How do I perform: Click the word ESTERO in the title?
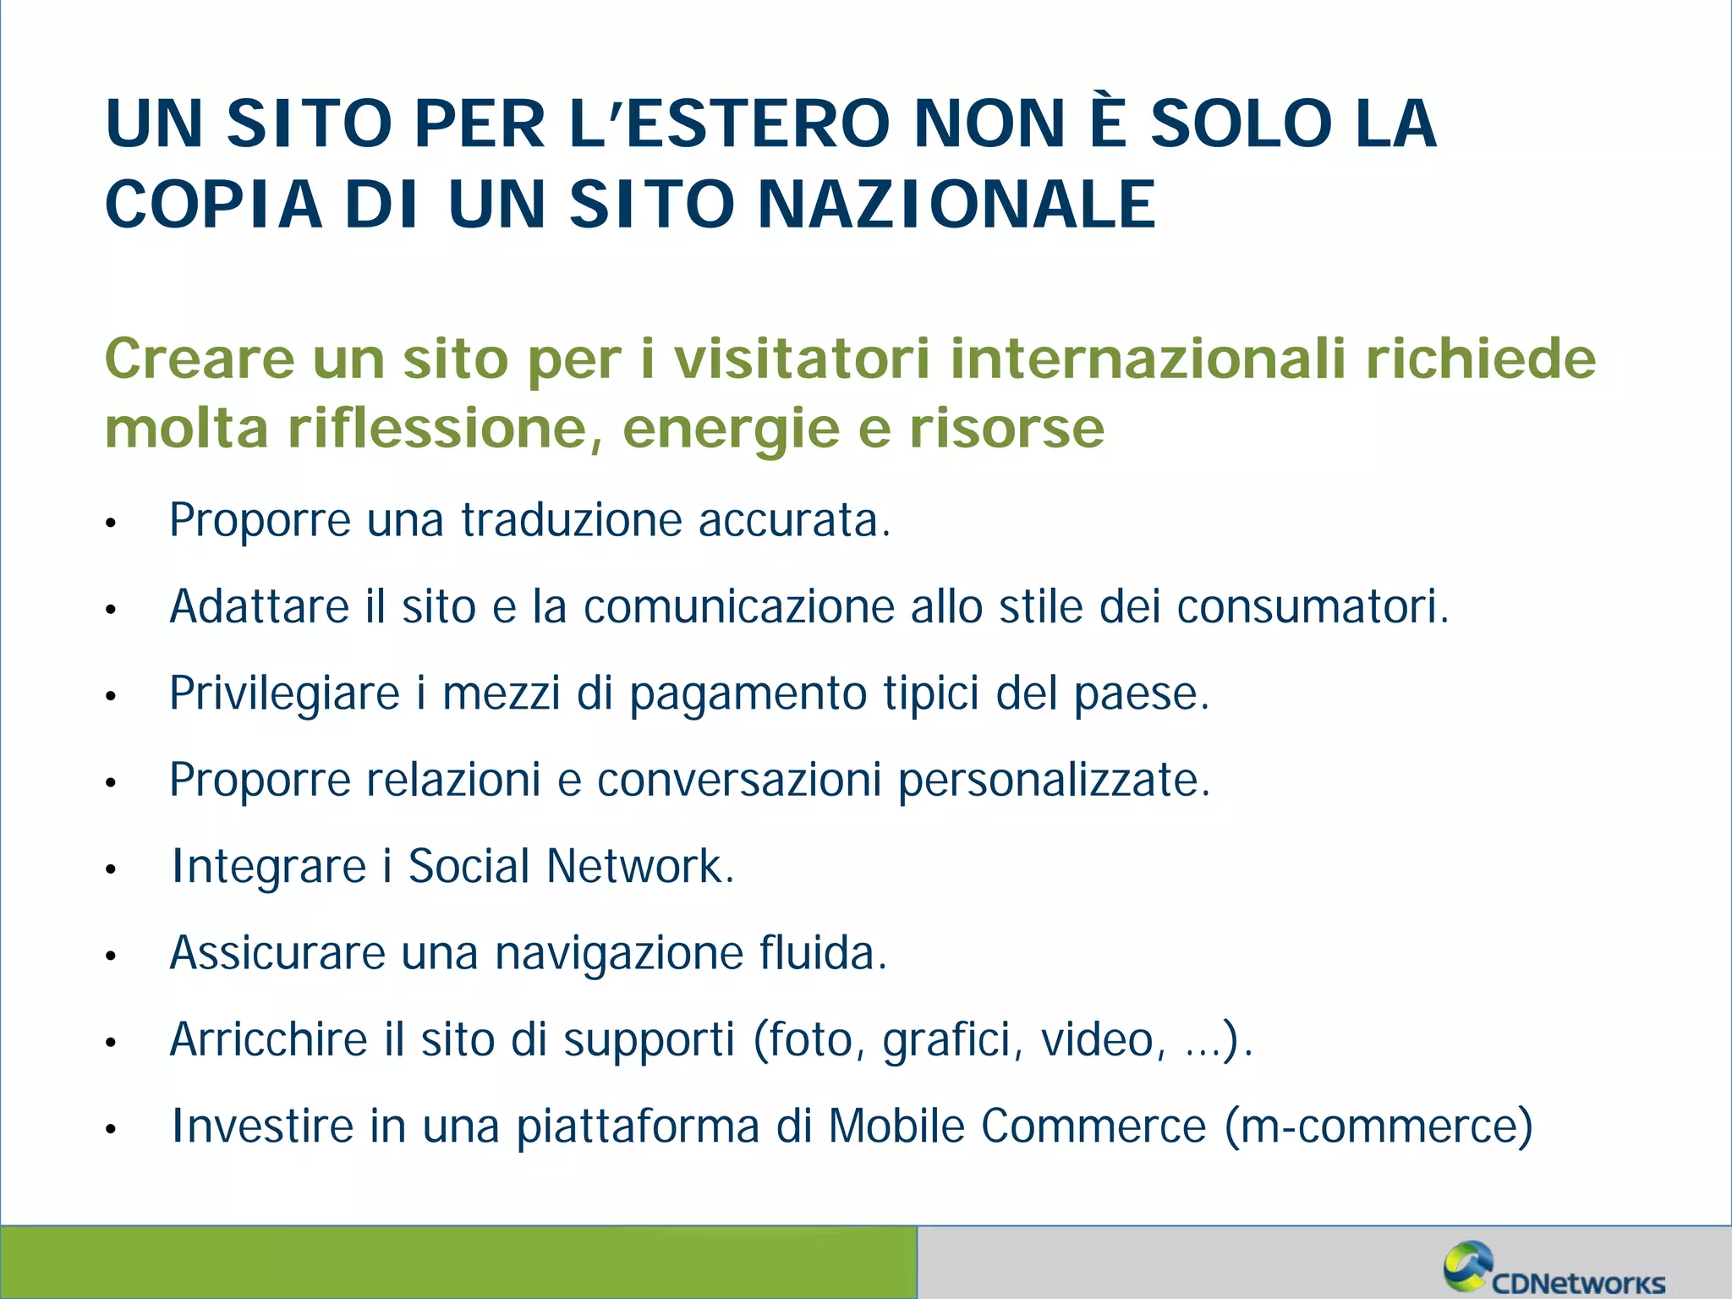tap(759, 124)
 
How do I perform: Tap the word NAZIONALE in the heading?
tap(956, 205)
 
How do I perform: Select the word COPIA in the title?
tap(214, 205)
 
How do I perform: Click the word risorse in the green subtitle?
tap(1006, 428)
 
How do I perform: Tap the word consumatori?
tap(1312, 606)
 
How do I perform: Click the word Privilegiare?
tap(284, 693)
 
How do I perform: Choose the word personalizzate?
tap(1054, 780)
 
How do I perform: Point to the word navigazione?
tap(618, 954)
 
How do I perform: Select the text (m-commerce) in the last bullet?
tap(1378, 1126)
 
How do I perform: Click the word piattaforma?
tap(638, 1127)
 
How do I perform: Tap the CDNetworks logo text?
tap(1578, 1282)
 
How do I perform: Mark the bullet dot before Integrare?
tap(110, 869)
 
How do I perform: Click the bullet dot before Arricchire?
tap(110, 1043)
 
